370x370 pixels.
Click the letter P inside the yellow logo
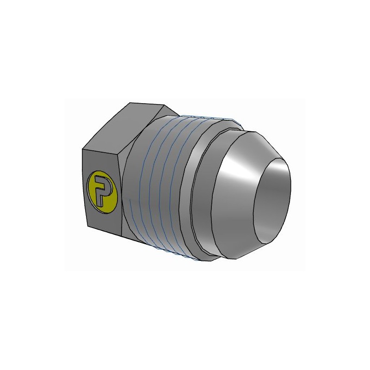(101, 190)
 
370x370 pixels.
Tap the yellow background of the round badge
(110, 197)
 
